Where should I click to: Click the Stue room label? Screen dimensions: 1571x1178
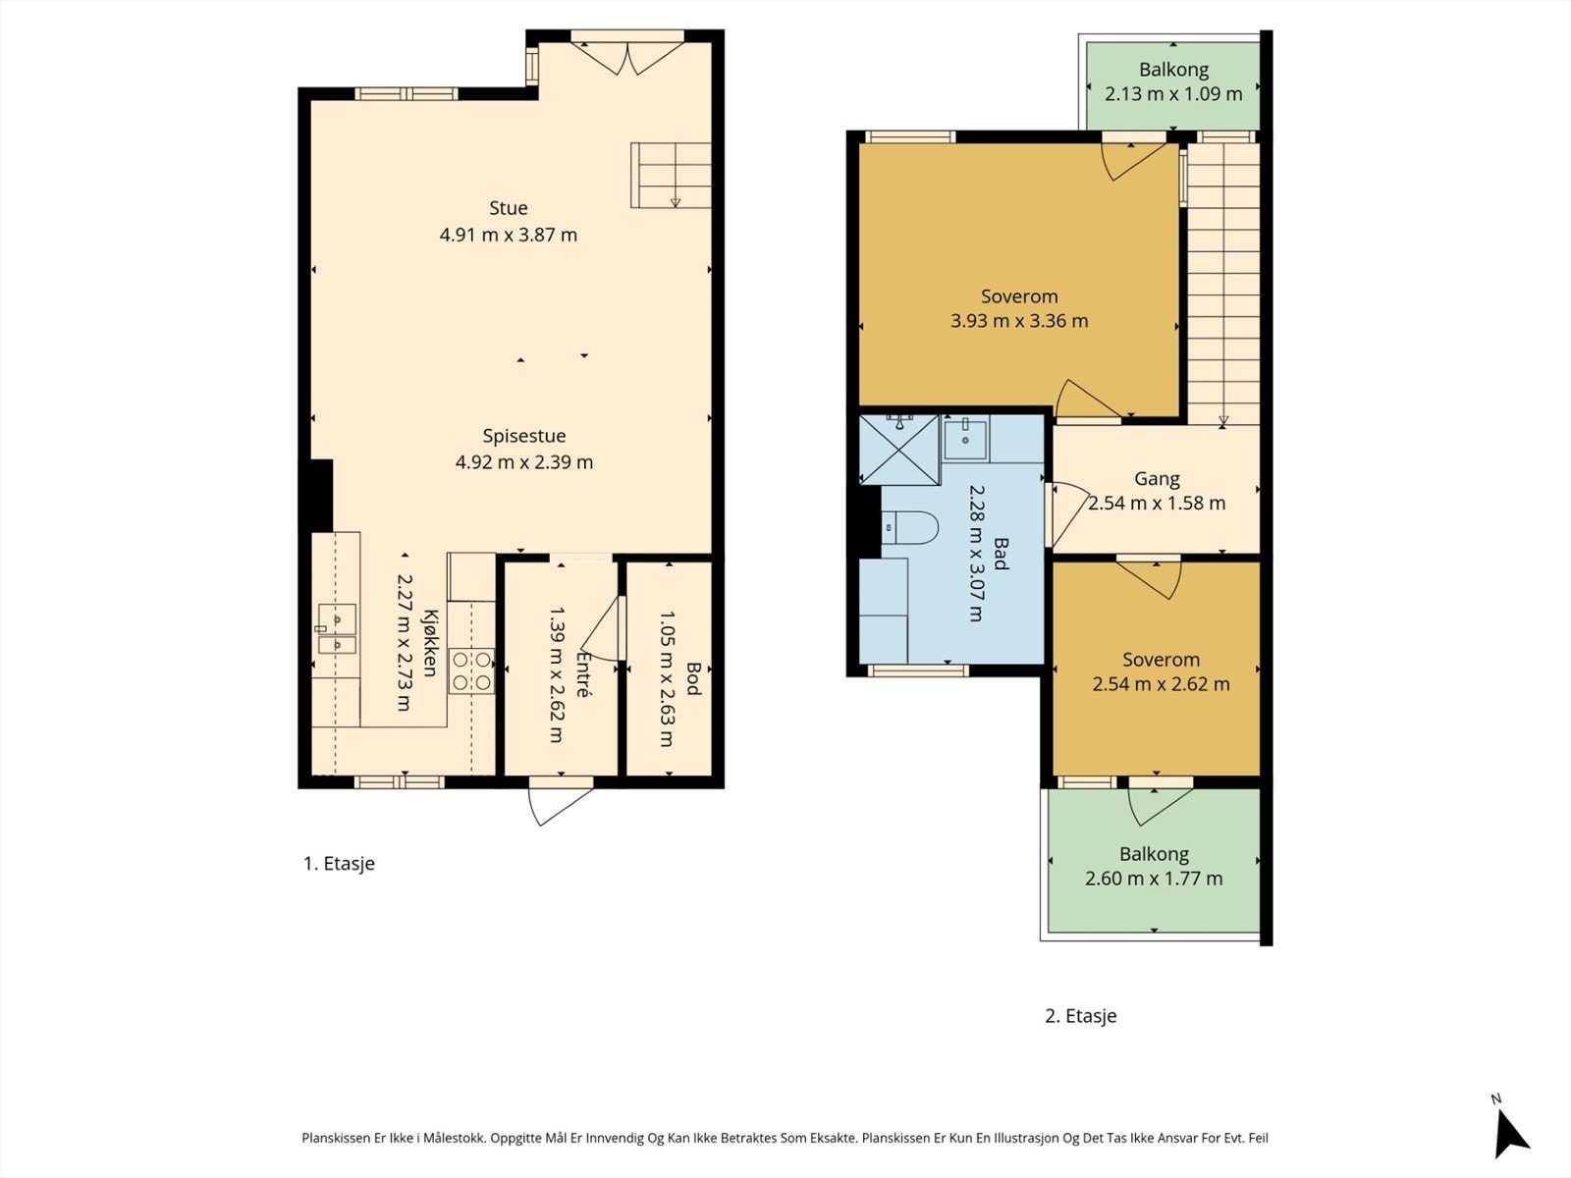(x=509, y=208)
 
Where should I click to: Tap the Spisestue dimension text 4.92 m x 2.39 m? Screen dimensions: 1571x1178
(x=524, y=462)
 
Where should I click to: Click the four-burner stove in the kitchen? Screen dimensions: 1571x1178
(x=471, y=670)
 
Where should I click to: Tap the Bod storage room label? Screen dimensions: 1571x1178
(x=693, y=678)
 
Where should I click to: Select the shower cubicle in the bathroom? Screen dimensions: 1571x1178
(x=899, y=450)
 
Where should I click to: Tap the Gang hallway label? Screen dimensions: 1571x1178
(x=1157, y=478)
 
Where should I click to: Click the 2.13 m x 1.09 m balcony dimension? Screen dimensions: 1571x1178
(x=1173, y=93)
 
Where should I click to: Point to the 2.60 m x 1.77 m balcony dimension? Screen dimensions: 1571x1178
(x=1154, y=879)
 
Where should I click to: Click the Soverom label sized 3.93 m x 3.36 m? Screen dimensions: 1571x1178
(x=1019, y=296)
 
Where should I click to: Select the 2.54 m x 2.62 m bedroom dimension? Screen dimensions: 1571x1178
(x=1161, y=684)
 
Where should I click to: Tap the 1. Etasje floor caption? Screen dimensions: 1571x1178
(x=340, y=863)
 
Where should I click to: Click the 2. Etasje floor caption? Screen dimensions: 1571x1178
(x=1081, y=1016)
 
